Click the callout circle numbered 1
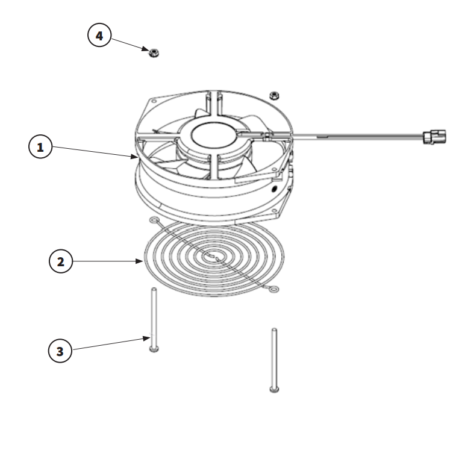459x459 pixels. pyautogui.click(x=40, y=146)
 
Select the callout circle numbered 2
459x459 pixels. pyautogui.click(x=61, y=261)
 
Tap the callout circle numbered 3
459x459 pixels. pyautogui.click(x=60, y=351)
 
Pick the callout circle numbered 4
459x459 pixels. pyautogui.click(x=99, y=36)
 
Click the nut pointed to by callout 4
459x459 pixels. pyautogui.click(x=154, y=53)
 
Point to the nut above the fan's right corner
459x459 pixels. pyautogui.click(x=274, y=95)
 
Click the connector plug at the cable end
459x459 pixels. pyautogui.click(x=434, y=137)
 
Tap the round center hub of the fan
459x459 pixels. pyautogui.click(x=213, y=136)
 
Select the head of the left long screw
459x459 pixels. pyautogui.click(x=154, y=349)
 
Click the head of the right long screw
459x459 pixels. pyautogui.click(x=274, y=389)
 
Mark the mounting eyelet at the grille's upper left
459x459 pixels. pyautogui.click(x=154, y=220)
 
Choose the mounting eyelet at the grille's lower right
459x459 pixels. pyautogui.click(x=273, y=290)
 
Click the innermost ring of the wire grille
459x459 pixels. pyautogui.click(x=214, y=257)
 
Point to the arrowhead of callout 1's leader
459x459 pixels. pyautogui.click(x=134, y=157)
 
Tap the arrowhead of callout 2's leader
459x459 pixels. pyautogui.click(x=139, y=261)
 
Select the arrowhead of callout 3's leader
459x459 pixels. pyautogui.click(x=146, y=339)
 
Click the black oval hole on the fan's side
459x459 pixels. pyautogui.click(x=274, y=189)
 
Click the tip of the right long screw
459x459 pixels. pyautogui.click(x=274, y=329)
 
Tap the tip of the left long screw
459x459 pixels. pyautogui.click(x=154, y=289)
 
